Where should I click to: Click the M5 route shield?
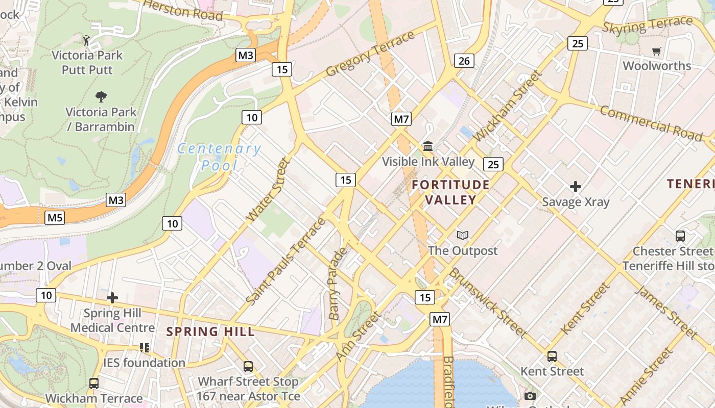(x=55, y=218)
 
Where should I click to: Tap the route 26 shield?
(x=464, y=61)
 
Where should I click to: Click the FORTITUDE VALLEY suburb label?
(x=451, y=192)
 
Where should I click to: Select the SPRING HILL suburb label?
(x=210, y=331)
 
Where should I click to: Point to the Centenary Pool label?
(x=219, y=157)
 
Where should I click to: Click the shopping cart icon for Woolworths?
(x=656, y=51)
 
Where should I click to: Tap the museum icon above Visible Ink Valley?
(x=428, y=147)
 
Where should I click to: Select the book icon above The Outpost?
(x=463, y=235)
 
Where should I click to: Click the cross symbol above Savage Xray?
(x=576, y=187)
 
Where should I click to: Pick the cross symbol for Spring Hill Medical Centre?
(x=112, y=298)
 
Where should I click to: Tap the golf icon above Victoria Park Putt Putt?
(x=87, y=40)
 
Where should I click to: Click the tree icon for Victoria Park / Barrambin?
(x=101, y=96)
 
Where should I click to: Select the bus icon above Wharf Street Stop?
(x=248, y=366)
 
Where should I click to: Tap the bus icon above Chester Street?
(x=680, y=236)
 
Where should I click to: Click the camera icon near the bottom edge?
(x=530, y=396)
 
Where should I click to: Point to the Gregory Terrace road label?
(x=370, y=54)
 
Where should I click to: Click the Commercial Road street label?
(x=651, y=123)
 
